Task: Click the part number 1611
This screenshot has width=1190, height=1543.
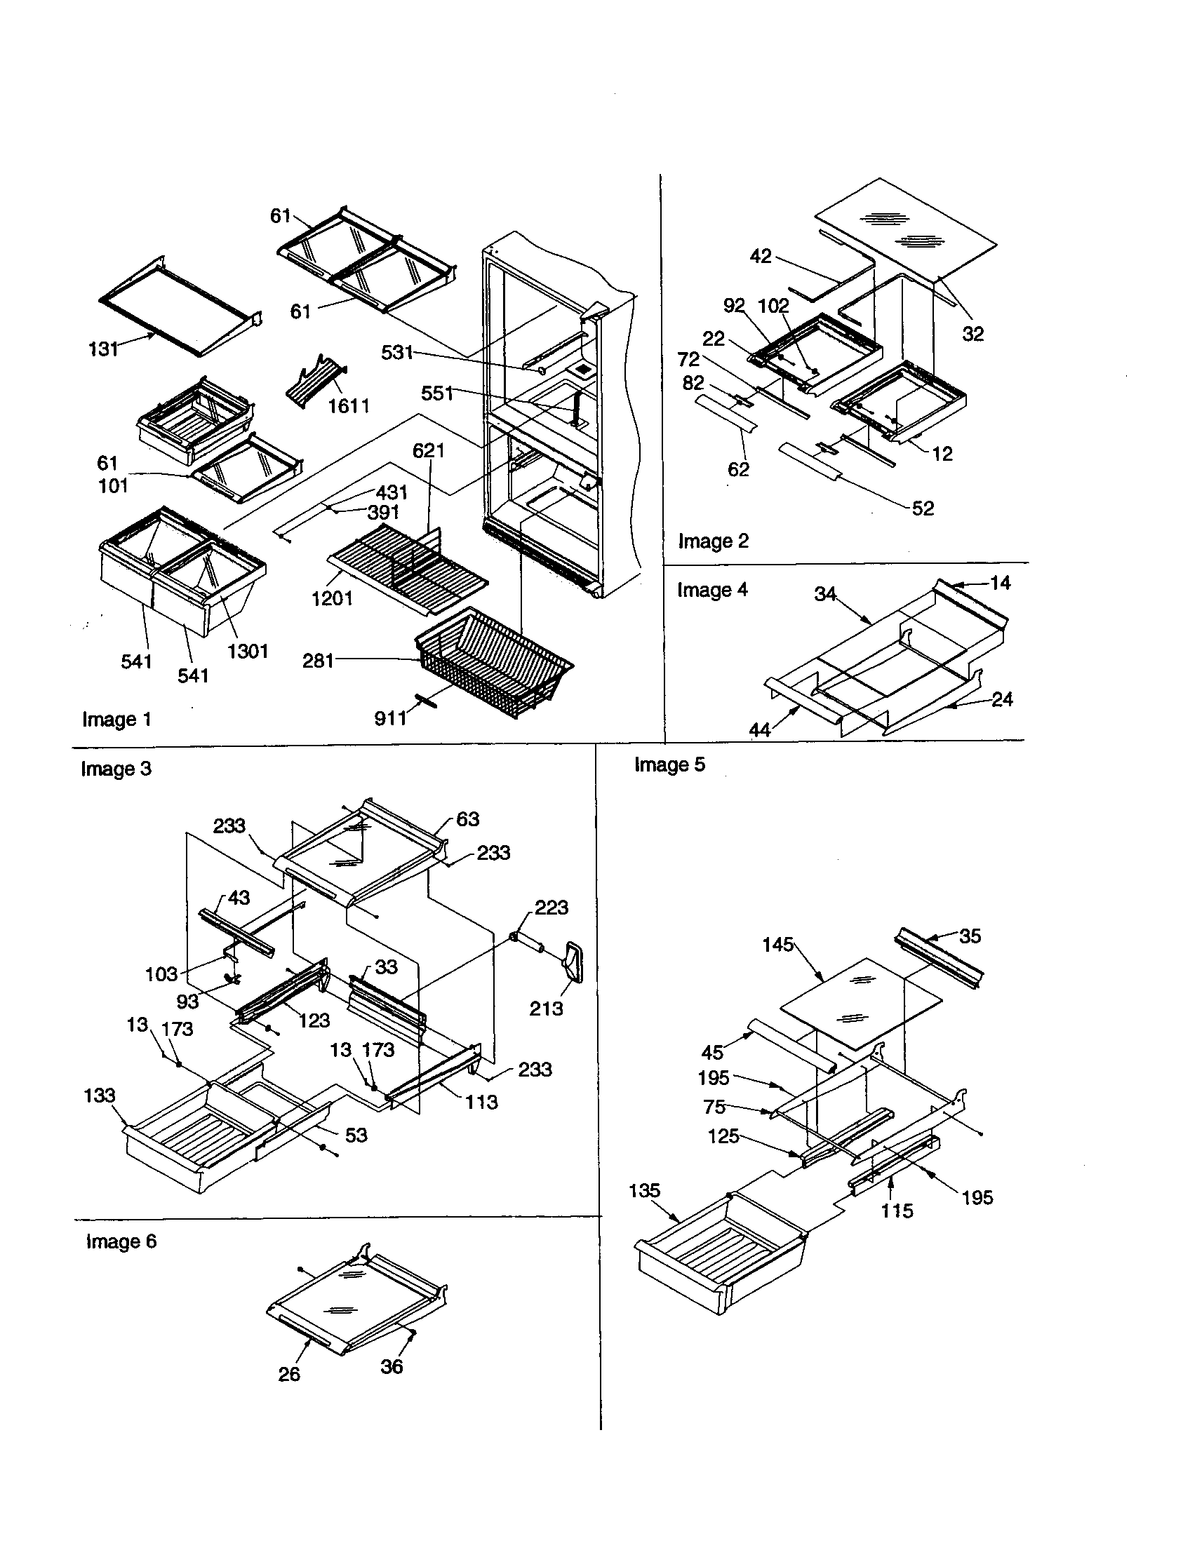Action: pos(349,405)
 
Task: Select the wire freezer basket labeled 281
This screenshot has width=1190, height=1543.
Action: pos(495,664)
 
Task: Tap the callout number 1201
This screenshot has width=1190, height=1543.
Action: pos(332,598)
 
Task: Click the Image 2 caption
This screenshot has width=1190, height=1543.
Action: pos(713,541)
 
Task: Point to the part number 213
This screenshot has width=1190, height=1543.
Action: pos(547,1008)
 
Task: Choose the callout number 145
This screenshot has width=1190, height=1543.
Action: pos(778,945)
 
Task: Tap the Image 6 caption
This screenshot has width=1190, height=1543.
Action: pos(121,1241)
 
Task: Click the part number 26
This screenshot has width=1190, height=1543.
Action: pos(289,1374)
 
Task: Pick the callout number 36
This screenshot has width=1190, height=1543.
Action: pos(392,1366)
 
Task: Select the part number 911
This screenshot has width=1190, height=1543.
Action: pos(390,718)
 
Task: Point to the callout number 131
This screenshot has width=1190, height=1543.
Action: pos(104,349)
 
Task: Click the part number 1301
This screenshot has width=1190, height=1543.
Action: pos(248,651)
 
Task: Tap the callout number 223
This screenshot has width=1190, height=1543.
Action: pos(551,907)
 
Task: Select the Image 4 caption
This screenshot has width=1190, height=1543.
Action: pos(712,590)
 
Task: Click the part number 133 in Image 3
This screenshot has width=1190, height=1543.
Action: pos(99,1095)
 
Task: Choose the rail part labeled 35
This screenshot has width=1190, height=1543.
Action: pos(939,957)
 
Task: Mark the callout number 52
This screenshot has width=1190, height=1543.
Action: pos(923,508)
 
